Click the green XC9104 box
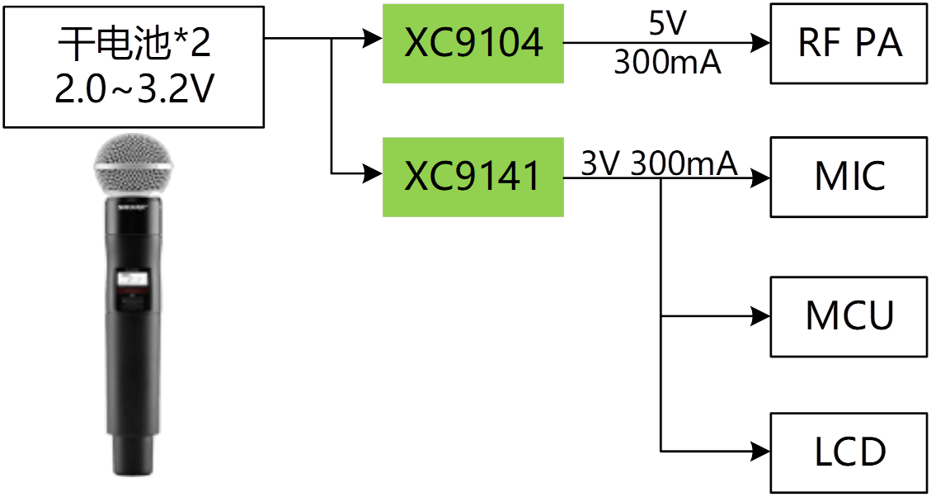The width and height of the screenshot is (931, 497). tap(473, 43)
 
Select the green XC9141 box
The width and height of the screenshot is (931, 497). tap(473, 177)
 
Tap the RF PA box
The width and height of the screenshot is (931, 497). tap(850, 44)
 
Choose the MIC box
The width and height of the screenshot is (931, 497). tap(850, 177)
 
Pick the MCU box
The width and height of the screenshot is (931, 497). tap(850, 316)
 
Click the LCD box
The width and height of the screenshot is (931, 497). tap(850, 452)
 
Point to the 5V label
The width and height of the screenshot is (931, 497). tap(666, 22)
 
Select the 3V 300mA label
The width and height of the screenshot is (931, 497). tap(659, 164)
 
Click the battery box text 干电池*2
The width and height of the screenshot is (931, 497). tap(134, 45)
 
